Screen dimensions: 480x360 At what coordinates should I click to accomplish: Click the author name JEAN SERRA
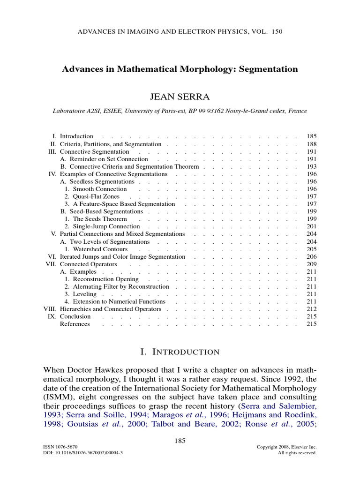click(x=180, y=97)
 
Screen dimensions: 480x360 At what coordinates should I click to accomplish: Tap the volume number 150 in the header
click(x=277, y=32)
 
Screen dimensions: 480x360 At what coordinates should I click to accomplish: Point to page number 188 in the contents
click(x=312, y=144)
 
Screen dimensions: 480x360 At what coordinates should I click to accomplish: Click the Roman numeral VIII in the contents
click(x=50, y=309)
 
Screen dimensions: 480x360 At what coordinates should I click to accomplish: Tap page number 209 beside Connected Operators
click(x=312, y=264)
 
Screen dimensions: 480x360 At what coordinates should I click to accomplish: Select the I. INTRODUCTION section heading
click(x=180, y=352)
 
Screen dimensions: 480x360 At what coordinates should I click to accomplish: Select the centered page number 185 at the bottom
click(x=180, y=440)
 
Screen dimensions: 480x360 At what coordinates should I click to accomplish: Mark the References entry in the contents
click(x=75, y=324)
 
